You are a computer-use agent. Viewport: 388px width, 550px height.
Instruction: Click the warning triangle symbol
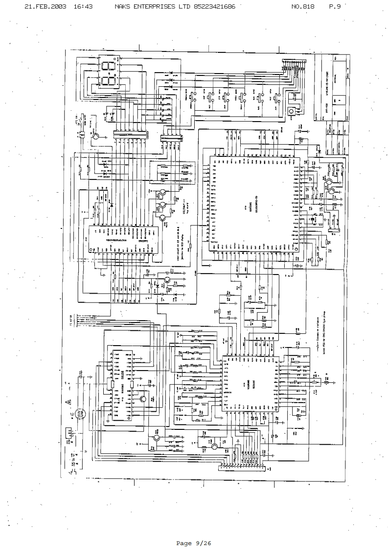pyautogui.click(x=68, y=401)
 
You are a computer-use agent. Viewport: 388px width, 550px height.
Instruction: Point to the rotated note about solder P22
pyautogui.click(x=324, y=353)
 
